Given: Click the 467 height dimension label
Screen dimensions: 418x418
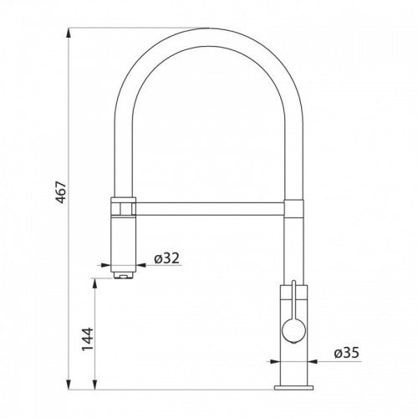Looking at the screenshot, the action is click(61, 192).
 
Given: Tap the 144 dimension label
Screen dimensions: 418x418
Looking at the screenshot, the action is click(87, 339).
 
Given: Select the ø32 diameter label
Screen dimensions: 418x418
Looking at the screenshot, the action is click(167, 258).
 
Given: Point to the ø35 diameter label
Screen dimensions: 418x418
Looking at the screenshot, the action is click(347, 353).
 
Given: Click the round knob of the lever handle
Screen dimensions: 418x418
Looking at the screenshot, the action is click(293, 331).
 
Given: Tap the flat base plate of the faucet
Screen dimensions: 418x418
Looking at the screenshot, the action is click(293, 388).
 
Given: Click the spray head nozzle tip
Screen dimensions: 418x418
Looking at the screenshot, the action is click(123, 275).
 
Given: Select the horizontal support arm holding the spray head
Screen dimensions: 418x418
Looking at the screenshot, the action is click(210, 209).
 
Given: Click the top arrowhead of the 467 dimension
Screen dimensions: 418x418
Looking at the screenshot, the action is click(69, 33).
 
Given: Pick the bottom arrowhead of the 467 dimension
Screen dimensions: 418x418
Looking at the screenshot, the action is click(69, 385).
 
